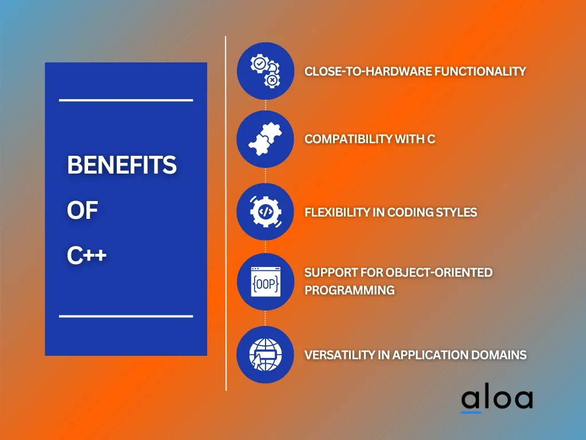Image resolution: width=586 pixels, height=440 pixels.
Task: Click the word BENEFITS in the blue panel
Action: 121,165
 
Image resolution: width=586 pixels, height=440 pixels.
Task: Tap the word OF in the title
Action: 82,210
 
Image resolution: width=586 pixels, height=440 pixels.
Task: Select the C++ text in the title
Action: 87,256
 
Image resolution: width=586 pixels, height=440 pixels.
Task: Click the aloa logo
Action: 497,400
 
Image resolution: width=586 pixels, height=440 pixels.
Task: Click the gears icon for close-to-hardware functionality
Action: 266,71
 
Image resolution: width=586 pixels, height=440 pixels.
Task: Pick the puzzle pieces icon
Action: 266,139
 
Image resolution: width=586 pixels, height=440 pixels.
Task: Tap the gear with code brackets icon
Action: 266,212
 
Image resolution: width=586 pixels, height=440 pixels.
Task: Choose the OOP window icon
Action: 266,282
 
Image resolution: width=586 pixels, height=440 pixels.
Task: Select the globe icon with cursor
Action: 266,354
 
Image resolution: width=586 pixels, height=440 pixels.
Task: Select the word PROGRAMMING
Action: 350,290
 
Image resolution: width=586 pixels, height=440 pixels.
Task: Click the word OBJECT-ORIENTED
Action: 439,272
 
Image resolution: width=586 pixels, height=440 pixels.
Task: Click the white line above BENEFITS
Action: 126,100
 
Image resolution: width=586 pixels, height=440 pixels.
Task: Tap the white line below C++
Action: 126,316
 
